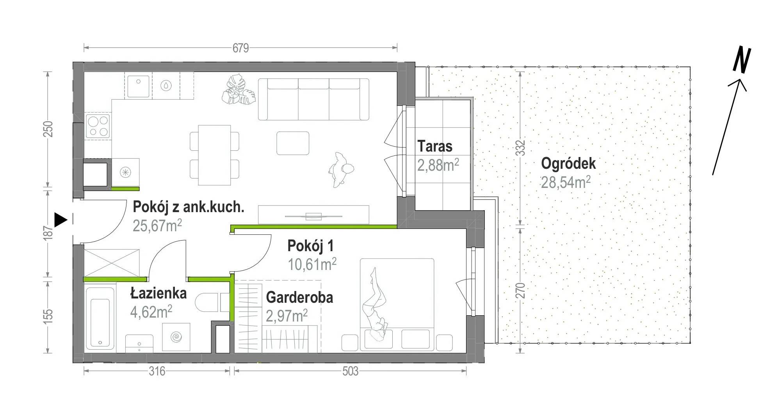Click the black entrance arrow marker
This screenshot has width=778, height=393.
(60, 220)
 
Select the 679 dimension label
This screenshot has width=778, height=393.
(240, 48)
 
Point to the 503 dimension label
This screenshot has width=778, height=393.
(350, 371)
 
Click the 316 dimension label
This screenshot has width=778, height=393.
(157, 371)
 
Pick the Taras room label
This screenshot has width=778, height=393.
(435, 146)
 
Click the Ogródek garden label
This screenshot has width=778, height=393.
(568, 163)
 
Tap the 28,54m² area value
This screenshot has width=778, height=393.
(566, 182)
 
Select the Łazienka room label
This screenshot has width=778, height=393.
(158, 293)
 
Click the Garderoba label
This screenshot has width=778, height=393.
(299, 298)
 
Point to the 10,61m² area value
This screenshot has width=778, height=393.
(312, 264)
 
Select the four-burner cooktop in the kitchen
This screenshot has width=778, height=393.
(98, 126)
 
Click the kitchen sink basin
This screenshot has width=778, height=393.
(137, 85)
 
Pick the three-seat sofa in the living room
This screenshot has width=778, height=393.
(313, 99)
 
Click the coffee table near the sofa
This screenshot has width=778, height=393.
(293, 143)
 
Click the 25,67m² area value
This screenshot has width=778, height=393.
(157, 225)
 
